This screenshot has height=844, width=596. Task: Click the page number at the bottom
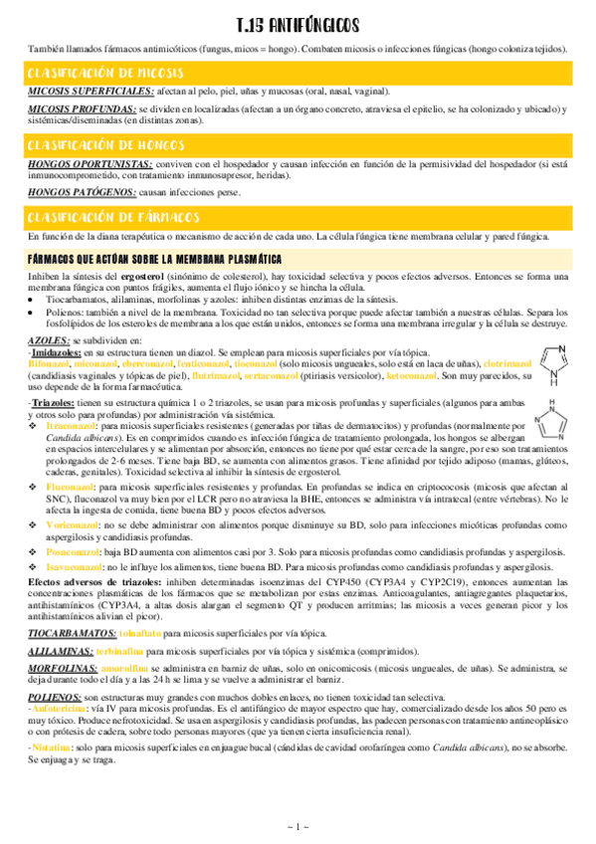click(x=298, y=827)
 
